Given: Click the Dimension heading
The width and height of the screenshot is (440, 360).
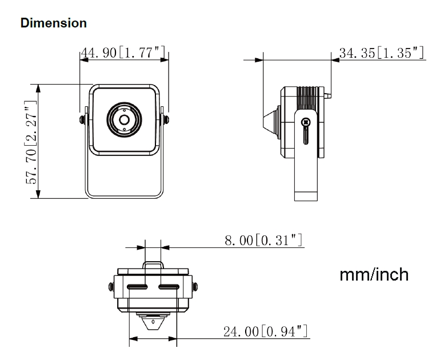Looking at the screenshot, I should pyautogui.click(x=53, y=23).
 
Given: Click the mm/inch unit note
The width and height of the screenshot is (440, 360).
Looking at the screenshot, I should pyautogui.click(x=374, y=274).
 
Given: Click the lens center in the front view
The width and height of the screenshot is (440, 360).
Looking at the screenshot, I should pyautogui.click(x=123, y=119).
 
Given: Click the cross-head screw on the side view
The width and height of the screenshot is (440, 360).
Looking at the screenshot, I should pyautogui.click(x=306, y=121).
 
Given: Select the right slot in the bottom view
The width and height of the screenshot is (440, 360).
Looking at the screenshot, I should pyautogui.click(x=169, y=286).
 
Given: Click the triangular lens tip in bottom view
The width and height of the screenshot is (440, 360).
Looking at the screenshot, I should pyautogui.click(x=153, y=323).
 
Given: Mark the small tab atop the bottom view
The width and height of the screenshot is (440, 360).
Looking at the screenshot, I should pyautogui.click(x=153, y=267).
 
